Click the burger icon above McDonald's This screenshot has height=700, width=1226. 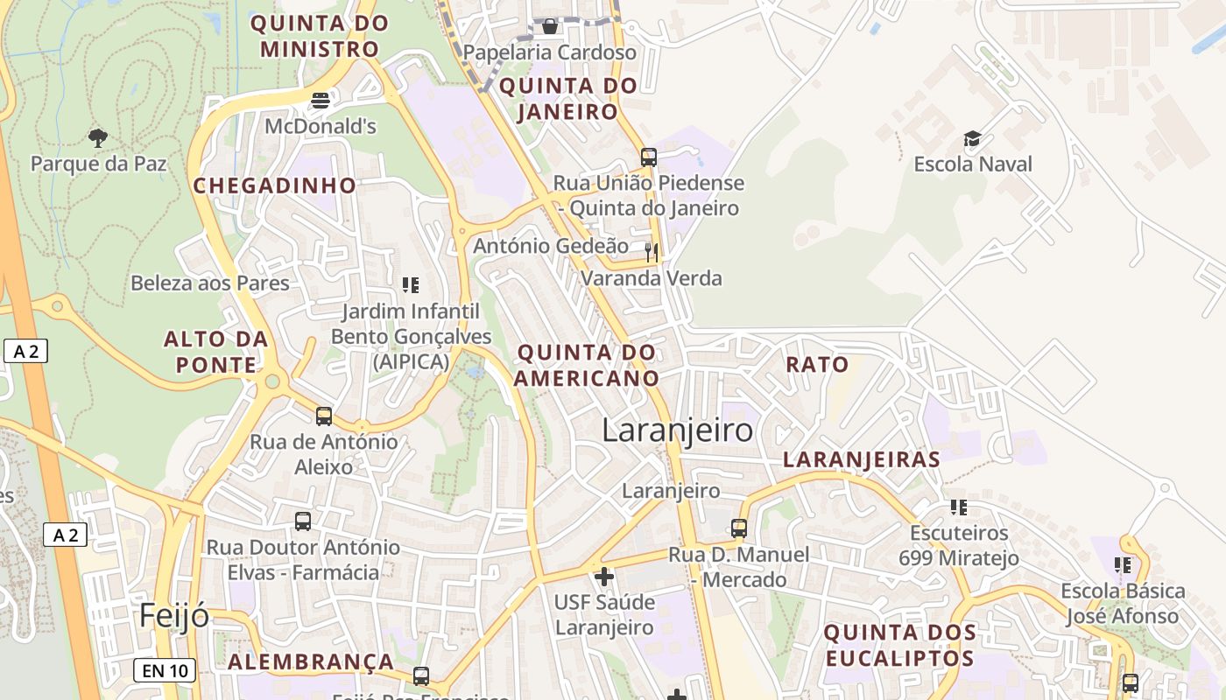click(x=321, y=100)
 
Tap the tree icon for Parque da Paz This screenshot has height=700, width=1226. click(x=98, y=137)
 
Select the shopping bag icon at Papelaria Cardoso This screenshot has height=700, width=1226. click(x=549, y=26)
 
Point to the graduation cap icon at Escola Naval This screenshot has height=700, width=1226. click(x=972, y=139)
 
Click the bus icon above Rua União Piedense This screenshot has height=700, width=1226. click(x=648, y=157)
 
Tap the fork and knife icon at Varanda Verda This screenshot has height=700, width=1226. click(x=651, y=253)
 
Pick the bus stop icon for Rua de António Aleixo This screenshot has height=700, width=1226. click(x=324, y=416)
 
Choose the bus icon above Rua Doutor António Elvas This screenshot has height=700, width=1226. click(x=303, y=521)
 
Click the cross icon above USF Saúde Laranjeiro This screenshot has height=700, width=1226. click(x=603, y=577)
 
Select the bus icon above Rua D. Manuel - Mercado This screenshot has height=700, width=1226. click(x=739, y=528)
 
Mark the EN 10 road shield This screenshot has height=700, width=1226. click(x=165, y=671)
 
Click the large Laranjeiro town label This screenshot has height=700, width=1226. click(x=677, y=430)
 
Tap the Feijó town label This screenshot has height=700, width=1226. click(x=174, y=616)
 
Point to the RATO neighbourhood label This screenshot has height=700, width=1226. click(x=817, y=365)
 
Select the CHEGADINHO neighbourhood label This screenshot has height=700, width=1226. click(x=274, y=185)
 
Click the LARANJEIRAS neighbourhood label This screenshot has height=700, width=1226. click(x=861, y=459)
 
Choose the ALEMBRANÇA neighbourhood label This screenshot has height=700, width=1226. click(x=311, y=662)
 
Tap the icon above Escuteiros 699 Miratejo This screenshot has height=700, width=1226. click(x=958, y=507)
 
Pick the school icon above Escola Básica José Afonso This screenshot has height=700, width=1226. click(x=1122, y=565)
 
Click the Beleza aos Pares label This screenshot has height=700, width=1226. click(x=210, y=283)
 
